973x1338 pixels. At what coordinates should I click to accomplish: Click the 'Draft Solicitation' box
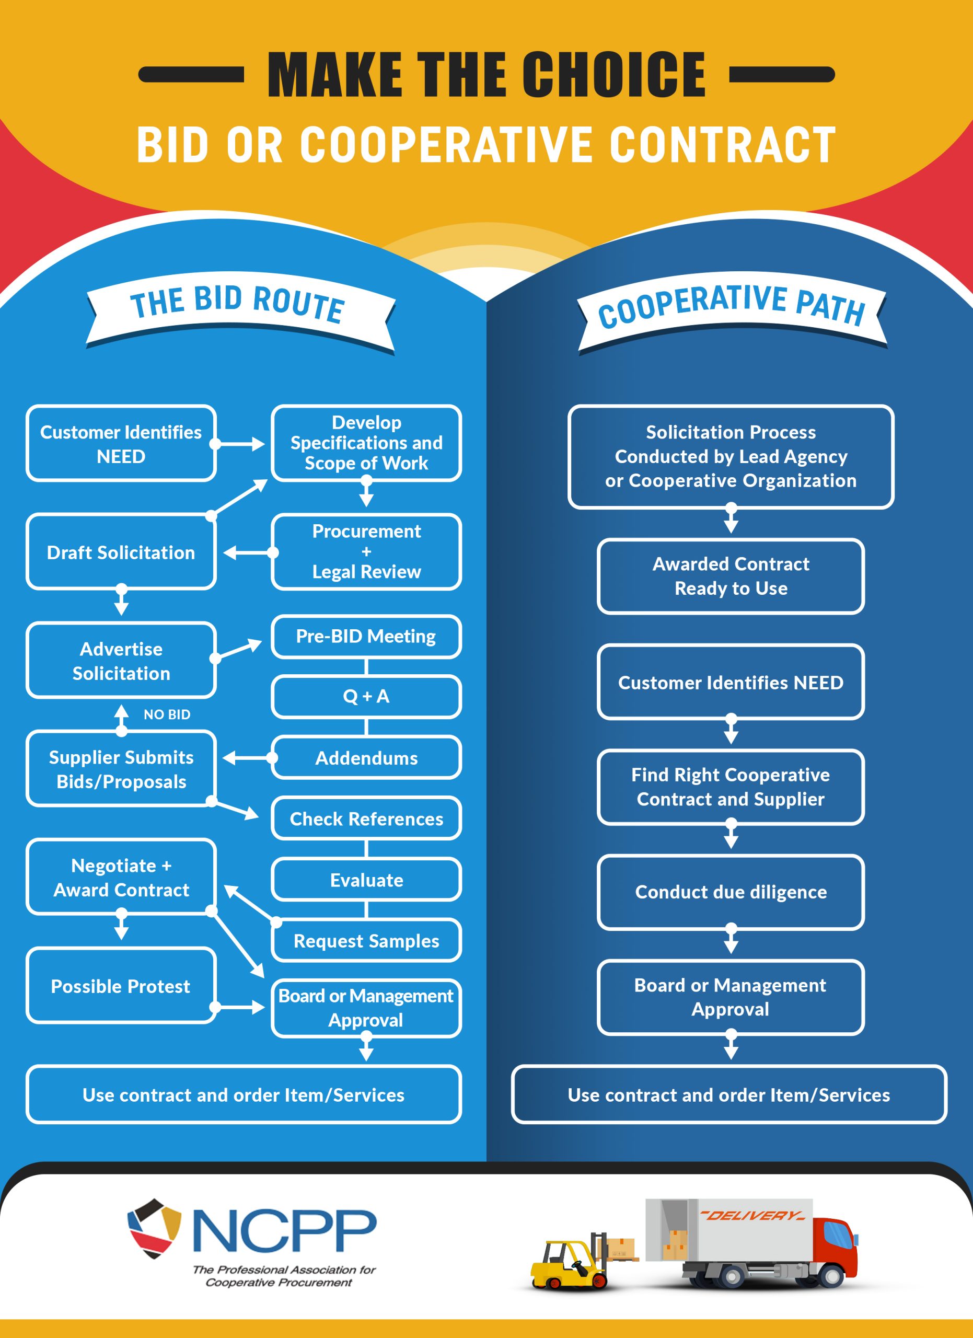pos(121,552)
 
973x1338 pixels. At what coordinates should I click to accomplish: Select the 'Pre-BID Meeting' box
pos(366,637)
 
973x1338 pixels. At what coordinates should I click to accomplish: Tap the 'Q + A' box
pos(366,697)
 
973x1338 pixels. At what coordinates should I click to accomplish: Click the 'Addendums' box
pos(366,758)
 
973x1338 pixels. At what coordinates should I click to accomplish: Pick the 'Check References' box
pos(366,819)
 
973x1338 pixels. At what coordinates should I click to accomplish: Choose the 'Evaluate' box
pos(366,880)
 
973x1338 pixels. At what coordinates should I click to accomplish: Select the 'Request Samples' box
pos(366,941)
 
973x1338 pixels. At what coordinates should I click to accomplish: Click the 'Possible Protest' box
pos(121,986)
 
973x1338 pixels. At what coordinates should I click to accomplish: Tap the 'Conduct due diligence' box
pos(731,892)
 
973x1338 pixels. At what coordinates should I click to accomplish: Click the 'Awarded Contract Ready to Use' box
pos(731,576)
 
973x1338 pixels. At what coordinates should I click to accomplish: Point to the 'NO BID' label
pos(167,714)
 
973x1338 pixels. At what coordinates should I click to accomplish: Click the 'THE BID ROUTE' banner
pos(239,304)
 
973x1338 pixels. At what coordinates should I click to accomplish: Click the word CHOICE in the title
pos(613,75)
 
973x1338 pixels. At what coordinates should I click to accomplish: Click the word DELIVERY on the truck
pos(752,1216)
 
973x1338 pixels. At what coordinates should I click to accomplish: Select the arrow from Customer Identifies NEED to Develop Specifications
pos(239,444)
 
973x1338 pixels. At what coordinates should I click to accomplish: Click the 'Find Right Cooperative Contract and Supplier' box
pos(731,787)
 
